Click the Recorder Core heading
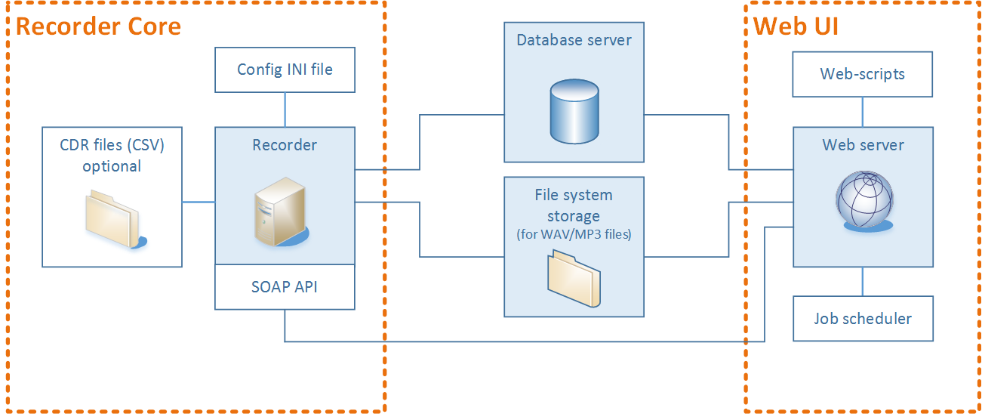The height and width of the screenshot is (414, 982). pos(98,26)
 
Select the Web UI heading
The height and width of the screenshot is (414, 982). pos(796,26)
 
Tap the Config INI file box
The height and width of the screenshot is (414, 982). pos(285,70)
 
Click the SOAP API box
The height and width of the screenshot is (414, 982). pos(285,287)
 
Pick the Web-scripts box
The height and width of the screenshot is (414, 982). pos(862,74)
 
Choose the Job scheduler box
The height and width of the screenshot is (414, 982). pos(862,318)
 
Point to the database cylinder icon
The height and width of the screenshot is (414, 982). pos(574,113)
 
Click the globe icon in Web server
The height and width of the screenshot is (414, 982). pos(863,199)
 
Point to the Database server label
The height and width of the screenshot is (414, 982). pos(574,40)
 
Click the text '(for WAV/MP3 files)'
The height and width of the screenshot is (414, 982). pos(574,234)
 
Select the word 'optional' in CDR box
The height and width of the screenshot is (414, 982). pos(112,165)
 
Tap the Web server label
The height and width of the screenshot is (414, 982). pos(863,144)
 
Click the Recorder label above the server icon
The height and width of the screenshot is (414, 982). pos(285,144)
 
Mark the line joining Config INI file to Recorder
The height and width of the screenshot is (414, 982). pos(285,110)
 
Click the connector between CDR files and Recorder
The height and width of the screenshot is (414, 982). pos(199,202)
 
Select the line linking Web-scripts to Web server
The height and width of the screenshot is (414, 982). pos(863,112)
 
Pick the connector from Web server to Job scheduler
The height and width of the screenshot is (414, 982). pos(863,281)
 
